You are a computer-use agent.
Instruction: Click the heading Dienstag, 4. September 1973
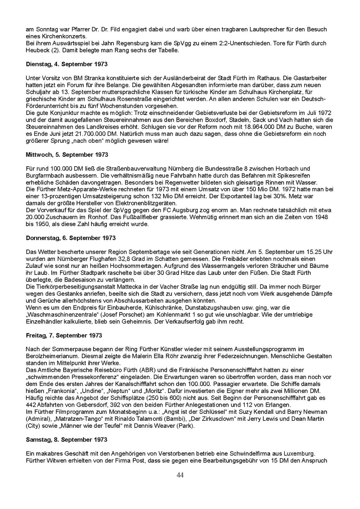tap(67, 64)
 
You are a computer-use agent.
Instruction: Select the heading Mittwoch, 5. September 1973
tap(67, 155)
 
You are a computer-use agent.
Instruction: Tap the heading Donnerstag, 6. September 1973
tap(71, 238)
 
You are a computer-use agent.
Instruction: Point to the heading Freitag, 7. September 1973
tap(64, 335)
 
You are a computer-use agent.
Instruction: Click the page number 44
tap(180, 475)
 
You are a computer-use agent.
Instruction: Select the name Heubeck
tap(37, 51)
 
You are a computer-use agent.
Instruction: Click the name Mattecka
tap(119, 287)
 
